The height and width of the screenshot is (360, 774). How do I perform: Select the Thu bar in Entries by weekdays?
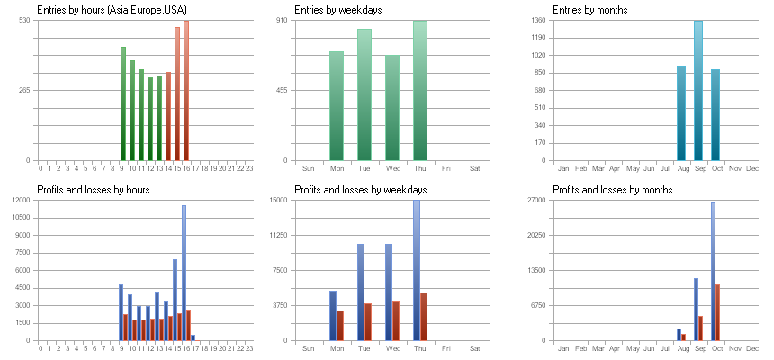coord(420,90)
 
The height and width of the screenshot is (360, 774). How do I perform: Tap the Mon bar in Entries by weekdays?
coord(337,105)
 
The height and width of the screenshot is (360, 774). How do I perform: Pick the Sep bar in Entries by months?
coord(698,90)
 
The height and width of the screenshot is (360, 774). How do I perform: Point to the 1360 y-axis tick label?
coord(538,20)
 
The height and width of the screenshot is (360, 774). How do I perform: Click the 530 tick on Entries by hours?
coord(25,20)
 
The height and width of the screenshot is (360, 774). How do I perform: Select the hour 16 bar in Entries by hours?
coord(186,90)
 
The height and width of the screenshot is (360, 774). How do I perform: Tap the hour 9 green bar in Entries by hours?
coord(123,103)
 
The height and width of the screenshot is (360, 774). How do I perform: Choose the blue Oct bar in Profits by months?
coord(713,271)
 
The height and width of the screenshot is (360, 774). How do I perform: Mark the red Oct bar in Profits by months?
coord(717,312)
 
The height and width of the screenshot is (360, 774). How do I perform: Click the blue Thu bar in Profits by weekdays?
coord(417,270)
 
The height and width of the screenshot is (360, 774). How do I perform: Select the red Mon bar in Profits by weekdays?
coord(340,325)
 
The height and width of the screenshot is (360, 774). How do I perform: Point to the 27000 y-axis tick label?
coord(536,200)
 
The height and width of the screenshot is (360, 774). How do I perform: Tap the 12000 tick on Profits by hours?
coord(22,200)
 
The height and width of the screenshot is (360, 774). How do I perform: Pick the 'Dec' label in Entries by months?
coord(752,168)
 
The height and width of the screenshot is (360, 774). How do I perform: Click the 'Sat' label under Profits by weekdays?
coord(475,348)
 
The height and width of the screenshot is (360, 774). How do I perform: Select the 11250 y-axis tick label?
coord(278,235)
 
